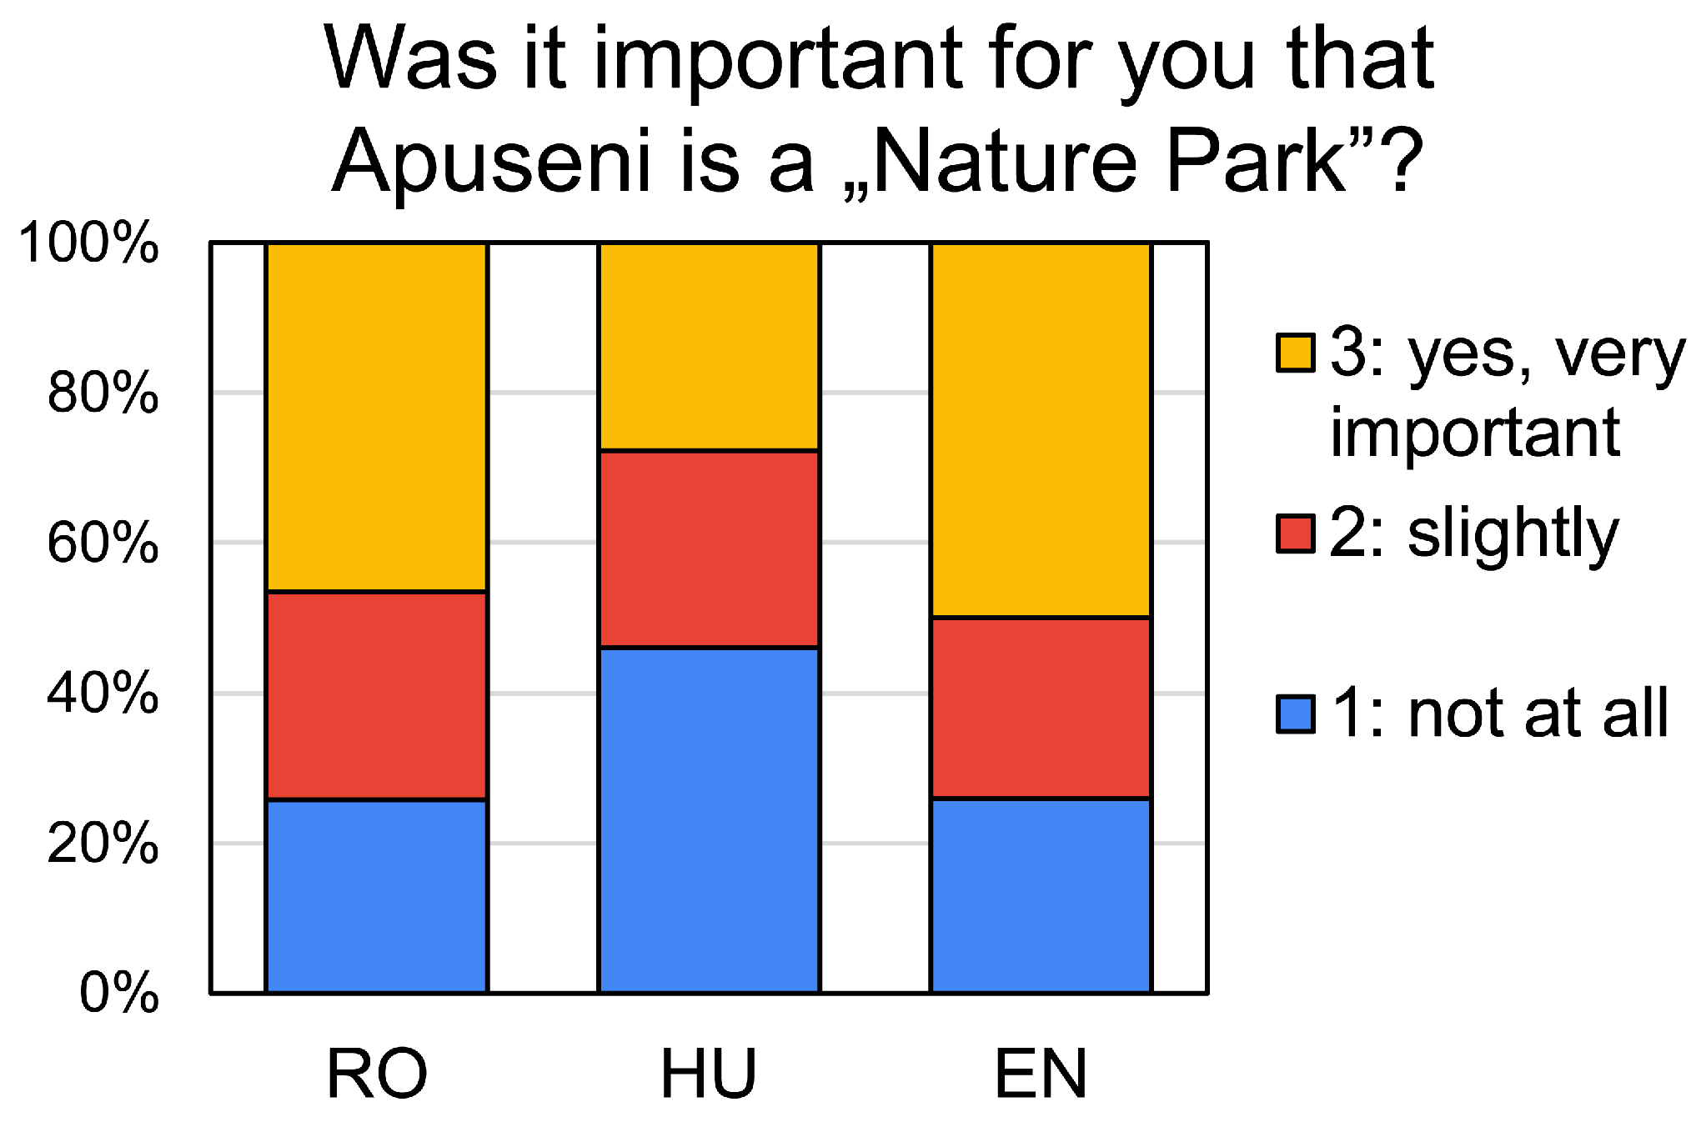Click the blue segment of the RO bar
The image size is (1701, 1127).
(x=376, y=896)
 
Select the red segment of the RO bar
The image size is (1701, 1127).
(x=376, y=695)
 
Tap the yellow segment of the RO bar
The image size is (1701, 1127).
(x=376, y=418)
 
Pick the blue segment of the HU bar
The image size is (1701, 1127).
(x=709, y=820)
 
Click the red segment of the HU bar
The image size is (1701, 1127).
(x=709, y=549)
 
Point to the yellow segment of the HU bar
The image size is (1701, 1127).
(x=709, y=347)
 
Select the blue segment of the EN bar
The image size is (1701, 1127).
(x=1041, y=896)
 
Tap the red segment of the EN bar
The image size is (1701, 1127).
(x=1041, y=708)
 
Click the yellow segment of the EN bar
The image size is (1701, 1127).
(x=1041, y=430)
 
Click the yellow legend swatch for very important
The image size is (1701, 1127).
(x=1296, y=353)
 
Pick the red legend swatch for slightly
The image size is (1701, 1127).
(x=1296, y=533)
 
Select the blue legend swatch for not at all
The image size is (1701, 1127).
(x=1296, y=714)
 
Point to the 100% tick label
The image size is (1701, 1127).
(x=88, y=243)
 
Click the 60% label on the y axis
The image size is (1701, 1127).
(x=103, y=543)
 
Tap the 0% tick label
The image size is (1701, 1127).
(x=118, y=993)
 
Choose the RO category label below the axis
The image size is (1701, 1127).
(x=377, y=1074)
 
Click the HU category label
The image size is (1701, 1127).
(x=709, y=1074)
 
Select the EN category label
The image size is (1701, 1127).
(x=1041, y=1074)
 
